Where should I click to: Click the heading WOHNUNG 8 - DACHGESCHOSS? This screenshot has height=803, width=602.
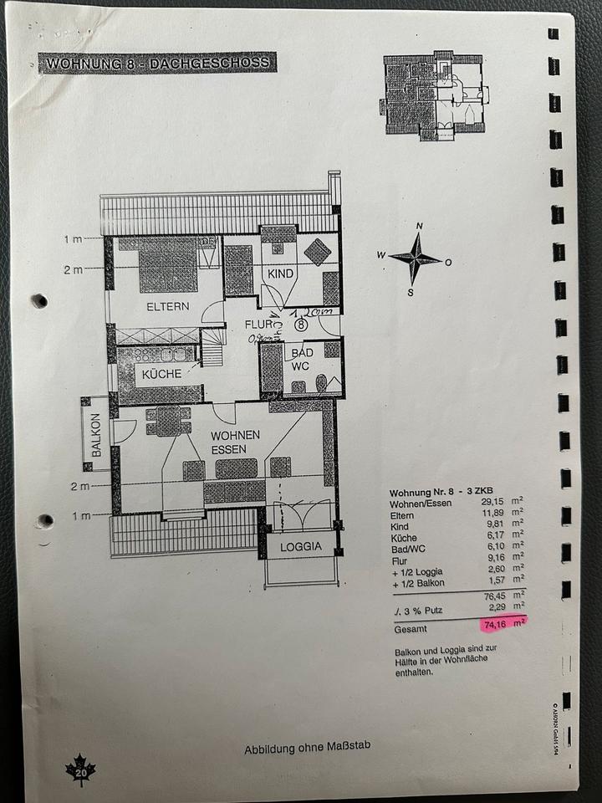point(158,63)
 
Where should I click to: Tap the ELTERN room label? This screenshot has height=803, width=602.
point(167,306)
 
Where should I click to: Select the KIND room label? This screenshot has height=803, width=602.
point(281,274)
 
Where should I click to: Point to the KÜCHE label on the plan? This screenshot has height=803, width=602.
point(161,374)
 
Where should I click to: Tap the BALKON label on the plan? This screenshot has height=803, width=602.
point(96,434)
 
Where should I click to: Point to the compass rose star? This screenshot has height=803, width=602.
point(415,258)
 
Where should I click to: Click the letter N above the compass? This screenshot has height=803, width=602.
point(419,226)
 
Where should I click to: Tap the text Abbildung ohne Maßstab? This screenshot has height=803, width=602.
point(307,748)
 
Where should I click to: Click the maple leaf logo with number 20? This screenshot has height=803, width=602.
point(81,771)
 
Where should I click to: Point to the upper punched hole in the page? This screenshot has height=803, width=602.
point(38,300)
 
